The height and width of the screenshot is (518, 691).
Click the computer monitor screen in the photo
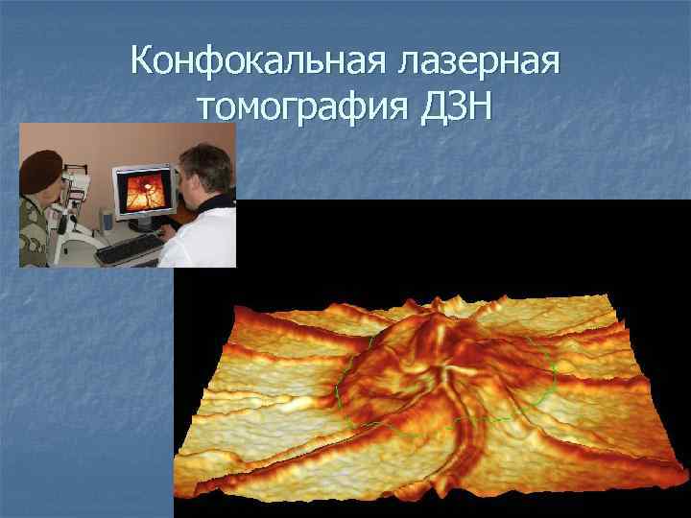[145, 189]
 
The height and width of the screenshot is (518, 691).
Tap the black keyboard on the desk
[129, 250]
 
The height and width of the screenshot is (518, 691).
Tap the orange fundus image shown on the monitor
[145, 189]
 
